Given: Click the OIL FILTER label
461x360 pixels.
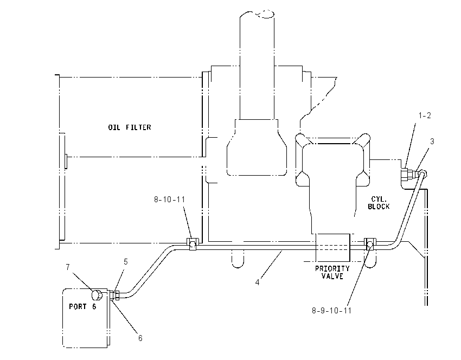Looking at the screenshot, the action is [130, 127].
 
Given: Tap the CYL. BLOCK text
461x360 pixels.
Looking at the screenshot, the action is [379, 203].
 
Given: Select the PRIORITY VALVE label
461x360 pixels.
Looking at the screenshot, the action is [332, 272].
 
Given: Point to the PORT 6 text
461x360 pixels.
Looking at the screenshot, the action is [82, 306].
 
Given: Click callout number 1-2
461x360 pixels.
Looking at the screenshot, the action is [425, 115].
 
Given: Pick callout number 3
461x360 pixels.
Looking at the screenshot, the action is [432, 142].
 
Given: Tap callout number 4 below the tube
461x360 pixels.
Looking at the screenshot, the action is [258, 282].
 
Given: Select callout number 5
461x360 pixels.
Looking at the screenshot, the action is [125, 261].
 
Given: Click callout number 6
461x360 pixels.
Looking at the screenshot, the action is [140, 338].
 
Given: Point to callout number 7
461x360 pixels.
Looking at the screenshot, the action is [68, 267].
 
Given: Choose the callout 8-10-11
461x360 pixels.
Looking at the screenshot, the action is [170, 200].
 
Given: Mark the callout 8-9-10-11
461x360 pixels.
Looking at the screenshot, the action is [331, 311].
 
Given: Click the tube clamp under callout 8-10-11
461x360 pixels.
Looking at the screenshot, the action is [193, 244].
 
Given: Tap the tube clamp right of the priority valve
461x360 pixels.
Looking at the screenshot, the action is [370, 244].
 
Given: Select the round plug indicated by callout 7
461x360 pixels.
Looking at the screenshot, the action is [97, 295].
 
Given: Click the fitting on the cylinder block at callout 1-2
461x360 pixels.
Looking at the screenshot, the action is [407, 175].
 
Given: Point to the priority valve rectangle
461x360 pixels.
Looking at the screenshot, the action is [332, 247].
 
